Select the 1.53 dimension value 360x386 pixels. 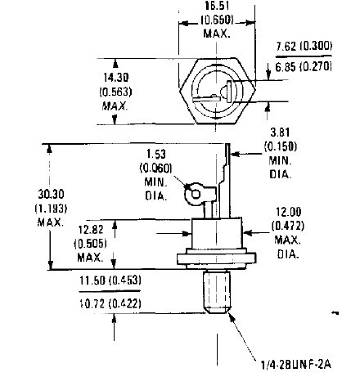[x=155, y=153]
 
